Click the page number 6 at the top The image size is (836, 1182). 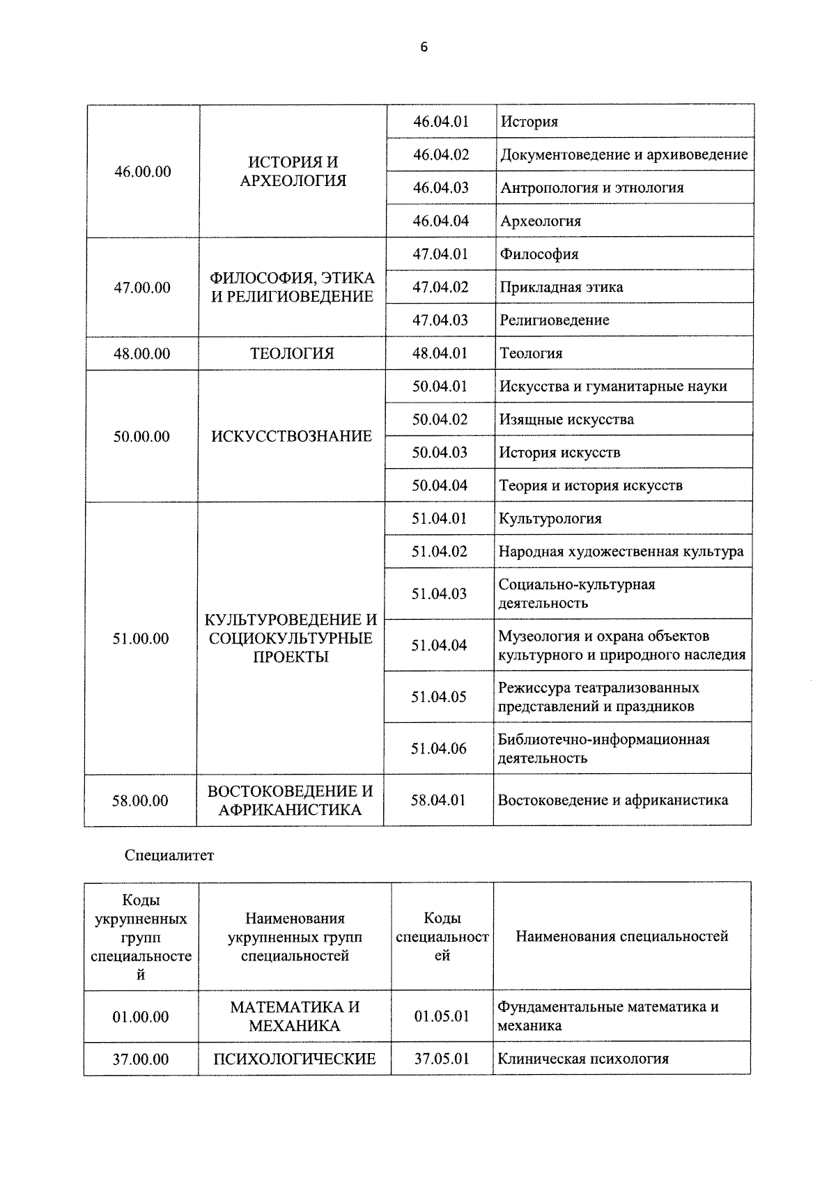(424, 47)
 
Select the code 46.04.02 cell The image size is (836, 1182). (441, 155)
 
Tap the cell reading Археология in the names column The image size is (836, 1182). (541, 221)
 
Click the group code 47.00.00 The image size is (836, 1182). (142, 288)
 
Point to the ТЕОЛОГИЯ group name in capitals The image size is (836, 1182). (292, 354)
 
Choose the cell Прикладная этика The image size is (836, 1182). (561, 287)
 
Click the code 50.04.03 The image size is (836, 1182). (440, 453)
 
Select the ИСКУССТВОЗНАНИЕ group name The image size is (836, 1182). (292, 437)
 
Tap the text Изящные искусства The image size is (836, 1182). (566, 419)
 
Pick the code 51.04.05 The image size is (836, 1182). (439, 697)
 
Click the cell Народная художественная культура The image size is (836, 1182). (621, 552)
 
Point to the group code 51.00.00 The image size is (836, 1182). (141, 639)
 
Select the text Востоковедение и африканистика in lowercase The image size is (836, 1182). (612, 800)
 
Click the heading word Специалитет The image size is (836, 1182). (169, 856)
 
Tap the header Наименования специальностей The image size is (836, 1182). (621, 937)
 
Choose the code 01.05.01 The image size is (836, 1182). (442, 1017)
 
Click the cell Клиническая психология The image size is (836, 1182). (583, 1059)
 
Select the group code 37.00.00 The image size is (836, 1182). (141, 1060)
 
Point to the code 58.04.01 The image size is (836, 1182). (438, 800)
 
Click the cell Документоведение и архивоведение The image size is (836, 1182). (624, 155)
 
